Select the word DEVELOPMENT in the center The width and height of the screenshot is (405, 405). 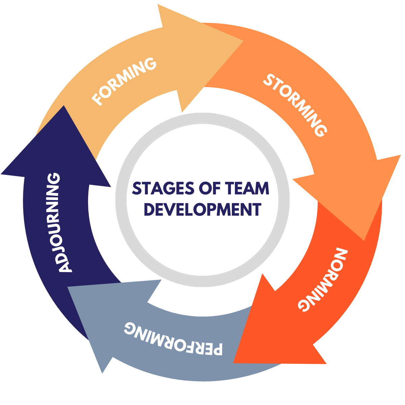click(202, 209)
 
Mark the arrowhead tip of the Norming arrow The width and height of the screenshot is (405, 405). click(234, 362)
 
